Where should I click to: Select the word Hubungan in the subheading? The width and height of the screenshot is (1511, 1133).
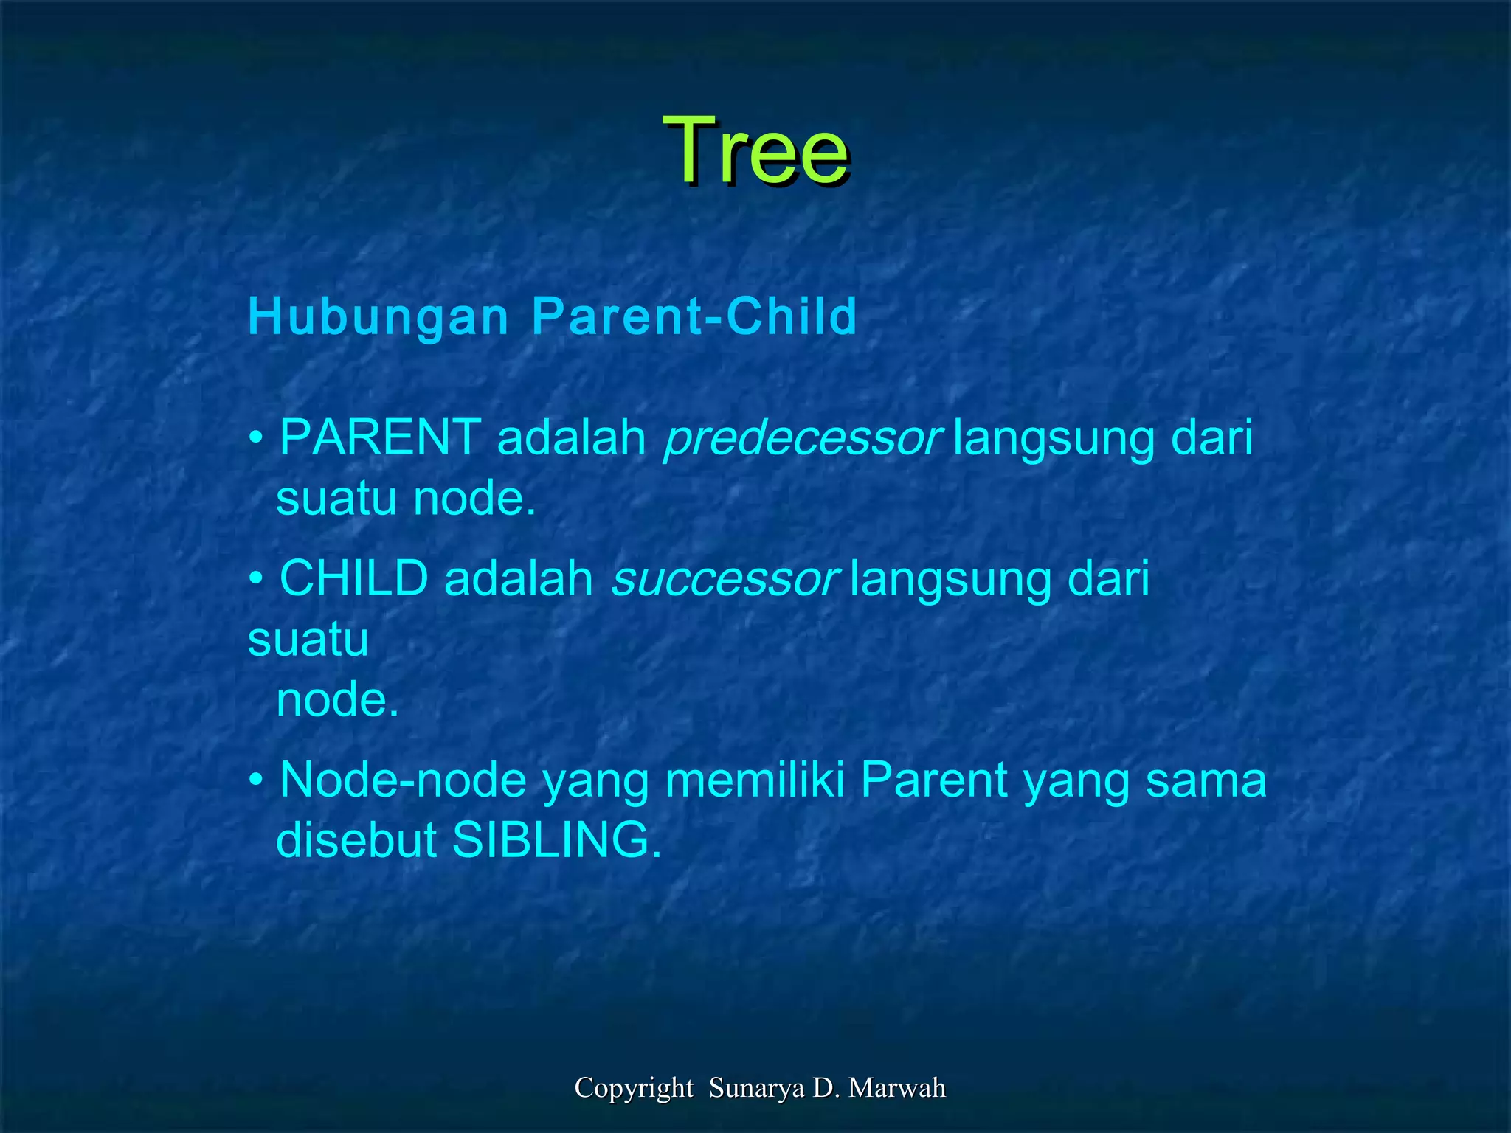coord(378,317)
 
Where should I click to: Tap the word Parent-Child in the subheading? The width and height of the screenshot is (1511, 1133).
coord(694,317)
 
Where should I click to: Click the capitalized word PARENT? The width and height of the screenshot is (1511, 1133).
coord(381,437)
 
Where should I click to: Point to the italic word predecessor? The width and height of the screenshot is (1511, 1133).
coord(802,439)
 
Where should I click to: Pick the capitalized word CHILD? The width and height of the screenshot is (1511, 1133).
coord(354,578)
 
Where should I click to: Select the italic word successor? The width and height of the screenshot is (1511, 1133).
coord(725,580)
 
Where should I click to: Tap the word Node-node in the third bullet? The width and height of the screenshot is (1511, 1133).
coord(403,780)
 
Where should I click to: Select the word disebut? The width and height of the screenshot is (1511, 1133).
coord(356,840)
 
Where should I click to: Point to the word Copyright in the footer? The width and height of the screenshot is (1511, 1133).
coord(634,1088)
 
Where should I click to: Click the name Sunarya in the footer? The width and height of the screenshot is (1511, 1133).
coord(757,1088)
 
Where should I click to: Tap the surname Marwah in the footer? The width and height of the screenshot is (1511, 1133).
coord(897,1088)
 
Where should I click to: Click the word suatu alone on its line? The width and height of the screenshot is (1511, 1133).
coord(308,640)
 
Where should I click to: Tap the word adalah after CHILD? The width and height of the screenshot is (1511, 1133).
coord(519,578)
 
